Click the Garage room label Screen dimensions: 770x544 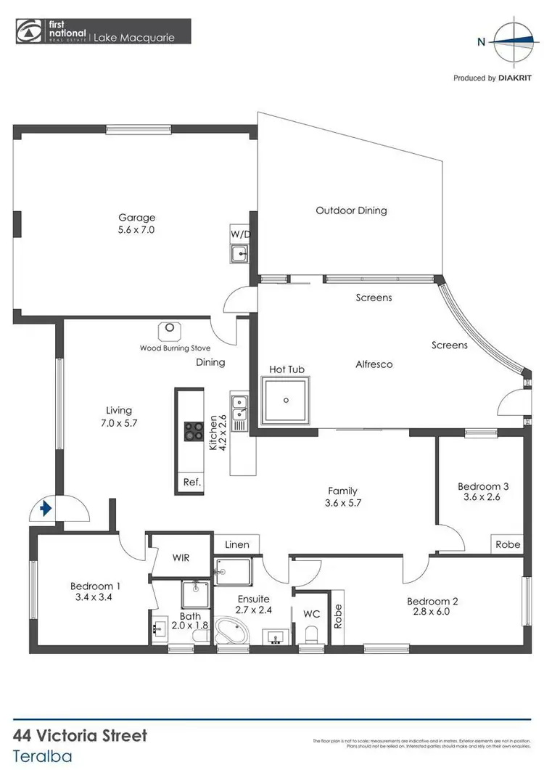click(137, 217)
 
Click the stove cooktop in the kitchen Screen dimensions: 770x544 click(193, 431)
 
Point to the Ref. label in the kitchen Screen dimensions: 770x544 click(191, 482)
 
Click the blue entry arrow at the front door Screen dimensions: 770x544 click(46, 509)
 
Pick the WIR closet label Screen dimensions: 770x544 click(181, 557)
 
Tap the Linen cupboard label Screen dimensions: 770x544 click(237, 544)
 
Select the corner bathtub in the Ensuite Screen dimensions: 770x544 click(232, 631)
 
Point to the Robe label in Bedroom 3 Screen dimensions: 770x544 click(507, 544)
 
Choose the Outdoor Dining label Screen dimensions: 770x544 click(351, 210)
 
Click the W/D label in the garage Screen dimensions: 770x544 click(239, 234)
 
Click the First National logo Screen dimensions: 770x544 click(29, 32)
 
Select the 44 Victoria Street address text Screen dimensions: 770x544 click(81, 735)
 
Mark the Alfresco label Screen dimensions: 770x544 click(374, 364)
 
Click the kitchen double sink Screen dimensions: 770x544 click(239, 409)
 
